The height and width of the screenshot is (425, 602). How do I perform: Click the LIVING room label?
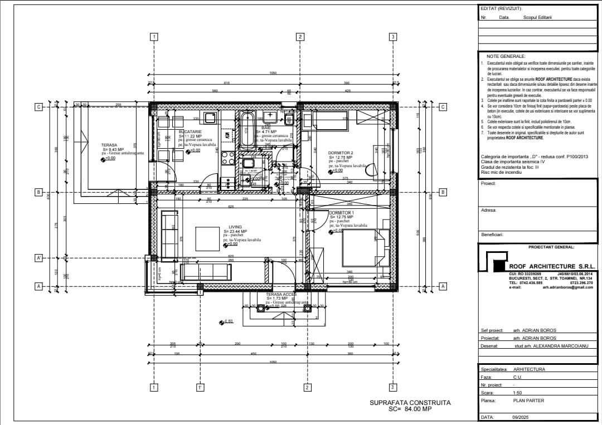(235, 227)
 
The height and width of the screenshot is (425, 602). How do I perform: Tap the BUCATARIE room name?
(190, 131)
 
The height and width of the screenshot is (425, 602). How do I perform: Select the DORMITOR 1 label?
(341, 213)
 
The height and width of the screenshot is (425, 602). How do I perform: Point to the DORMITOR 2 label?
(341, 153)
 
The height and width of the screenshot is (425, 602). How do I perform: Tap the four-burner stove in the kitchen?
(228, 158)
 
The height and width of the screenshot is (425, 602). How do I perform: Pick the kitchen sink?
(211, 118)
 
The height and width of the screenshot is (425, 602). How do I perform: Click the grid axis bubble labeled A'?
(39, 258)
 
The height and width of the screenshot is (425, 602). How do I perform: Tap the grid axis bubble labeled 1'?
(199, 387)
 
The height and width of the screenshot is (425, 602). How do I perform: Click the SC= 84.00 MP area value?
(410, 409)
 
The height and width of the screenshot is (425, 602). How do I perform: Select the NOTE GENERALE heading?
(506, 57)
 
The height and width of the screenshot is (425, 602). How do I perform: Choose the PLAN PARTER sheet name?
(528, 400)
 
